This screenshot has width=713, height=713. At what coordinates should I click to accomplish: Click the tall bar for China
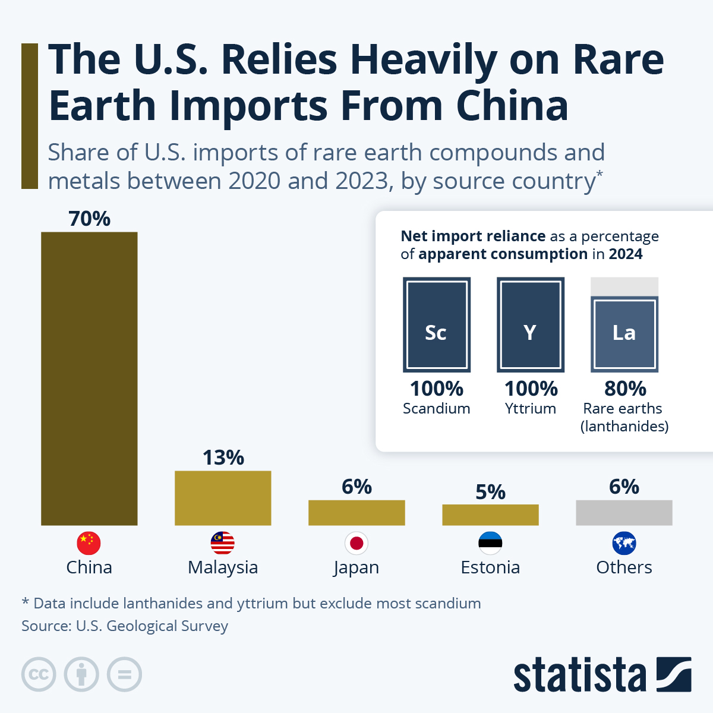[x=89, y=378]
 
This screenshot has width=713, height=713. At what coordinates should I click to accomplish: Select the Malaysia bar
[x=223, y=498]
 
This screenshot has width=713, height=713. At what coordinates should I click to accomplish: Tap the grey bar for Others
[x=624, y=513]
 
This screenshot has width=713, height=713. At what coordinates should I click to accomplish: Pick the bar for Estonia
[x=490, y=515]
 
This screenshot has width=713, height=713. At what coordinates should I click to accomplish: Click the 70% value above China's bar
[x=89, y=219]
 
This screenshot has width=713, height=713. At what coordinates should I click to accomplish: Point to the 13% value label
[x=223, y=458]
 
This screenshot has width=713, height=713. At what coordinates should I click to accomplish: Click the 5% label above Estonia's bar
[x=490, y=492]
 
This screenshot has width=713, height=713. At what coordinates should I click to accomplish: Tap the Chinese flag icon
[x=89, y=543]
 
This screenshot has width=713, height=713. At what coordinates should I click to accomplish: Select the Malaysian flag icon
[x=223, y=543]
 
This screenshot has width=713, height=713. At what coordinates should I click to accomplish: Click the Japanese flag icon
[x=356, y=543]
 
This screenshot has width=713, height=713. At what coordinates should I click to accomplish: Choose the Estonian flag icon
[x=490, y=543]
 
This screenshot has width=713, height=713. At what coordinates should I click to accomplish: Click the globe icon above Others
[x=624, y=543]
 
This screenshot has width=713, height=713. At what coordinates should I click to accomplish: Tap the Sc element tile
[x=437, y=324]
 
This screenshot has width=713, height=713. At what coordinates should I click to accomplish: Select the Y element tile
[x=531, y=324]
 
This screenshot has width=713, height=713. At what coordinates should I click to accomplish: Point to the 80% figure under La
[x=625, y=389]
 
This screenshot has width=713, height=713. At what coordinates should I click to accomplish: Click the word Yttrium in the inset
[x=531, y=409]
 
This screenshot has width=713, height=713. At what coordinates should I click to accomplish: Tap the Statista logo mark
[x=674, y=674]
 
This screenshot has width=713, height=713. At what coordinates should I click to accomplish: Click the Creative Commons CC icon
[x=39, y=675]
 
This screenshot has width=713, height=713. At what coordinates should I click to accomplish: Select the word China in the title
[x=512, y=106]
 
